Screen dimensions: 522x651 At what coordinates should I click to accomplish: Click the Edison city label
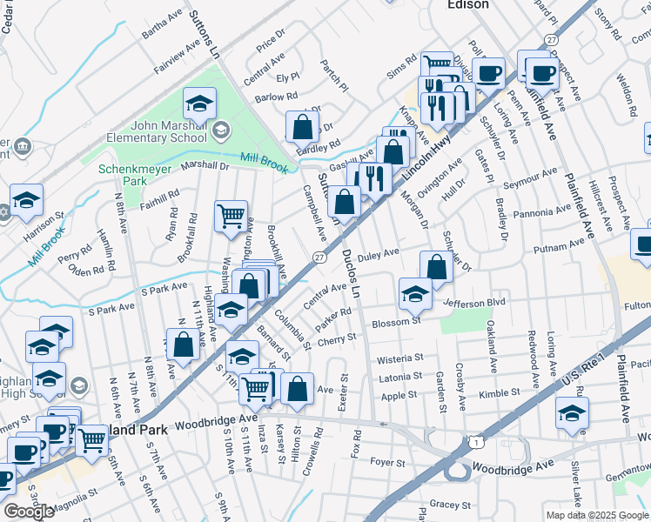(x=467, y=4)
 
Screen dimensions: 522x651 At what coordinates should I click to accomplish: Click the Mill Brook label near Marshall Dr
(x=263, y=159)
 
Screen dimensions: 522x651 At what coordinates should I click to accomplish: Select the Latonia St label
(x=399, y=376)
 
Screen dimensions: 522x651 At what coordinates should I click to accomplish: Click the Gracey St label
(x=449, y=504)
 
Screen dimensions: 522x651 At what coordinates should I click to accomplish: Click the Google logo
(x=29, y=512)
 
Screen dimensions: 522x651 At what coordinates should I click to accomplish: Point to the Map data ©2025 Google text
(x=597, y=515)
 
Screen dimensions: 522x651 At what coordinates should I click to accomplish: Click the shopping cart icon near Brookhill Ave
(x=231, y=215)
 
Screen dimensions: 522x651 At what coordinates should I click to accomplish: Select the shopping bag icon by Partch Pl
(x=301, y=127)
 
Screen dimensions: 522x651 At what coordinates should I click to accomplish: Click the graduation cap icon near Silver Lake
(x=572, y=413)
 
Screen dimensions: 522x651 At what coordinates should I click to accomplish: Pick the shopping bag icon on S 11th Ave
(x=184, y=344)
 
